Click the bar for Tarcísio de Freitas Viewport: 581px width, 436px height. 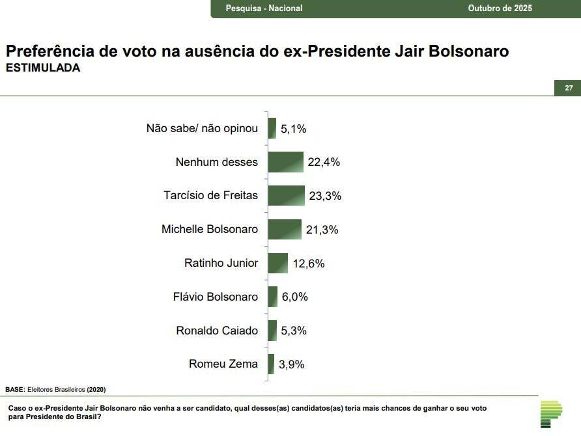286,195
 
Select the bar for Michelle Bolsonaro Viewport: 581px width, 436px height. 285,229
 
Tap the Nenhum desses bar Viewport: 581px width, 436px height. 285,162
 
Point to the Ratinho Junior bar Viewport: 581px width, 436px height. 277,263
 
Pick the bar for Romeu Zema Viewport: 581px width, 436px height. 271,364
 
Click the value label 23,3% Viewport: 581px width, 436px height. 325,196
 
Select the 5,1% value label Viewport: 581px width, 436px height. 293,129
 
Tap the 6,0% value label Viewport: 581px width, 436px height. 295,297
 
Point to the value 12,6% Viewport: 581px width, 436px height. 308,264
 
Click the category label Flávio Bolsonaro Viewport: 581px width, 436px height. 216,297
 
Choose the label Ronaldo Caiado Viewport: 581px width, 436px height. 217,331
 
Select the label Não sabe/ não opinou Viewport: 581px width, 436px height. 202,128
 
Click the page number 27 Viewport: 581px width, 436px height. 569,88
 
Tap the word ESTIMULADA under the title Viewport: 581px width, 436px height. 42,68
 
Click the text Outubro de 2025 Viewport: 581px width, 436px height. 500,8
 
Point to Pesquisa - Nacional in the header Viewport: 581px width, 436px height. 264,8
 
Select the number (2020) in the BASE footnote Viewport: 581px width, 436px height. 96,389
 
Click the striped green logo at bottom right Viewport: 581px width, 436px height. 551,415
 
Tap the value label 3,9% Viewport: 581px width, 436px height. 291,364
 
